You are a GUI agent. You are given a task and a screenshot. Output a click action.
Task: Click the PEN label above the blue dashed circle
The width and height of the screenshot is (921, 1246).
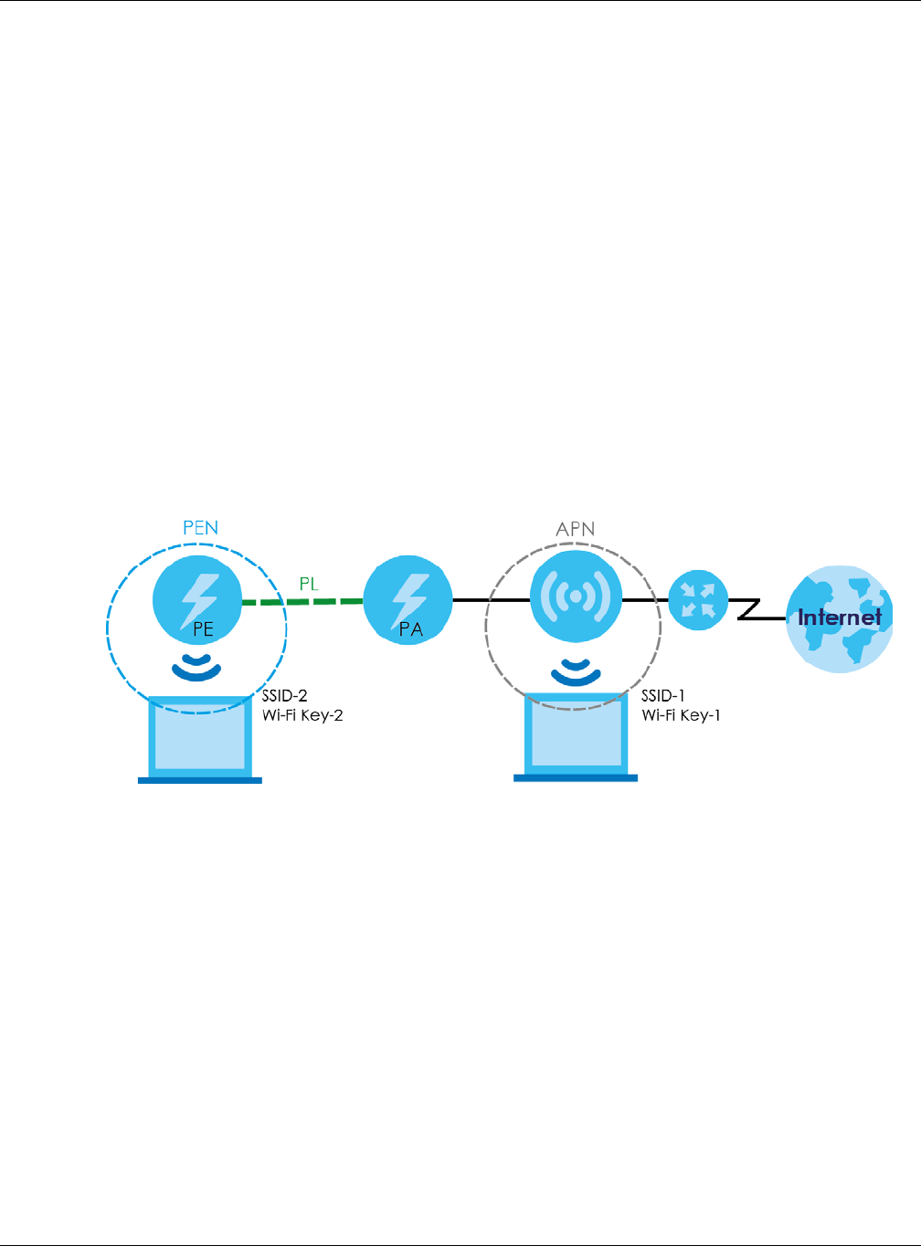[200, 527]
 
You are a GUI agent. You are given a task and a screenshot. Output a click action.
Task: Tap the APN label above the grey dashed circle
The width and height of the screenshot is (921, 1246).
[575, 529]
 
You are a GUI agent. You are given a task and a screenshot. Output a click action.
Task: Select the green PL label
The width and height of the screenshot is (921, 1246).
[309, 584]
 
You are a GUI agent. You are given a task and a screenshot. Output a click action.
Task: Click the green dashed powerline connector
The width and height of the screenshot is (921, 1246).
[302, 601]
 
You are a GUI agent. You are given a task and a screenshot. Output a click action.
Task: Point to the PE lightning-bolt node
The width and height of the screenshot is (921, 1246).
[197, 599]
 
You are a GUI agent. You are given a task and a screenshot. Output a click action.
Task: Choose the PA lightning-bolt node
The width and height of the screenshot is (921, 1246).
[408, 601]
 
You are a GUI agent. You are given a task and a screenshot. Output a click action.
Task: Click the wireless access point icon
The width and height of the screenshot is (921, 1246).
[576, 597]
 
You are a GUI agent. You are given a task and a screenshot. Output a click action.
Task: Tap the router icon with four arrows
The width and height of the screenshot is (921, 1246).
[698, 600]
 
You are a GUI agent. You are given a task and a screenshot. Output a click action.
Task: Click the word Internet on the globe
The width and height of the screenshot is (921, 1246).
[839, 618]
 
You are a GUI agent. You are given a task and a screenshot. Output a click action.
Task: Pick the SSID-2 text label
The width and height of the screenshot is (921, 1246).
[284, 696]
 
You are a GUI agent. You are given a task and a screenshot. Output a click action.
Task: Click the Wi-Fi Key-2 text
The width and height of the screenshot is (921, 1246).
[302, 715]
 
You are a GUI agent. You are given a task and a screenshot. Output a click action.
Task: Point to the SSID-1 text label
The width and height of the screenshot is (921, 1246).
[663, 696]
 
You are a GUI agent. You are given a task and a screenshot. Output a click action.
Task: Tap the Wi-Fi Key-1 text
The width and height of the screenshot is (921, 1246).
[681, 715]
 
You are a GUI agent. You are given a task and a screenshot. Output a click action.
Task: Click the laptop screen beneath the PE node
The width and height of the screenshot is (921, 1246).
[199, 736]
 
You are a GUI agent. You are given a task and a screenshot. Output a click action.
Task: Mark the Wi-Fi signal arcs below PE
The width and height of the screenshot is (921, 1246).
[196, 668]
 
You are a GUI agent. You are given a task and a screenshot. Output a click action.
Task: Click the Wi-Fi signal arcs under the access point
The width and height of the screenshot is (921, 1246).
[576, 671]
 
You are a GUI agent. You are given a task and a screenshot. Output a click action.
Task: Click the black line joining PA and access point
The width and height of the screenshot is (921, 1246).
[491, 600]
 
